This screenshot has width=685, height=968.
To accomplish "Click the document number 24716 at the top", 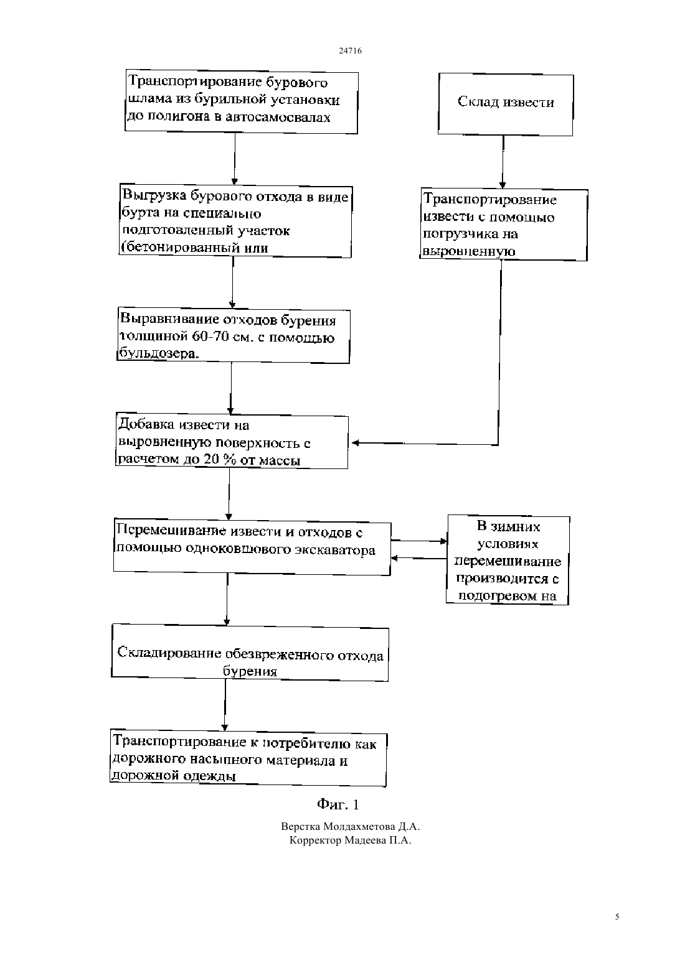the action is pos(350,50).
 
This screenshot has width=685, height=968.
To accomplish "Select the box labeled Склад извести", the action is pos(506,105).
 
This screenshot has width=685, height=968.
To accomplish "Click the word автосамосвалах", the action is pos(278,117).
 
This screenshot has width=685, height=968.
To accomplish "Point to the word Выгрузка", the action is pos(154,196).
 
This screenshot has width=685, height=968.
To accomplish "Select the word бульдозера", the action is pos(159,354).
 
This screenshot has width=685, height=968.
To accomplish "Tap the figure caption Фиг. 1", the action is pos(338,804).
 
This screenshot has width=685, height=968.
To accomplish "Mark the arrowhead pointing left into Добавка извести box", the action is pos(356,443).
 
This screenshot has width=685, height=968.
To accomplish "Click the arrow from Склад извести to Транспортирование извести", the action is pos(503,162).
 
